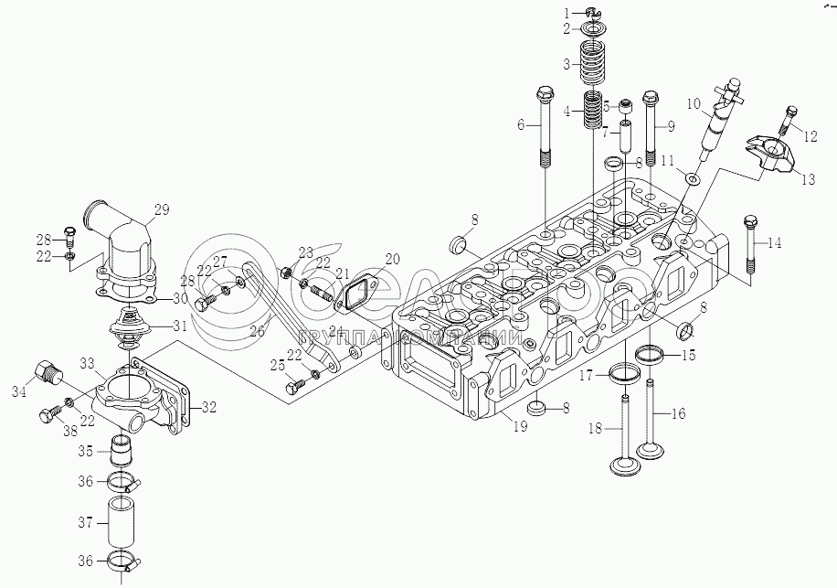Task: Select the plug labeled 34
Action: click(x=48, y=372)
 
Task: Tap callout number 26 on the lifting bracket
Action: click(x=257, y=331)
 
